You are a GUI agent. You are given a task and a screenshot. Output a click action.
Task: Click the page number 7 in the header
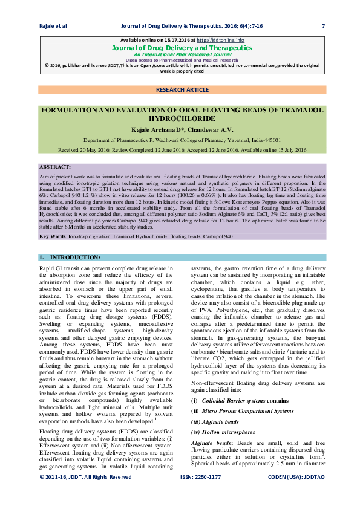coord(323,26)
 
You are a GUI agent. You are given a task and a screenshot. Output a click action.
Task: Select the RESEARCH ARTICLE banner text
coord(182,89)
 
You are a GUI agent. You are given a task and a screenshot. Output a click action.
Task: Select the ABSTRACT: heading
coord(55,166)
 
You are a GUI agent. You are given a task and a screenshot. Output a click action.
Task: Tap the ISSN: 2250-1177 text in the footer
coord(201,493)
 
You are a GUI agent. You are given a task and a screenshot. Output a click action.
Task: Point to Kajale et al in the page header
coord(53,26)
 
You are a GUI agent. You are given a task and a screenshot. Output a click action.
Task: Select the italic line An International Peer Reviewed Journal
coord(182,54)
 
